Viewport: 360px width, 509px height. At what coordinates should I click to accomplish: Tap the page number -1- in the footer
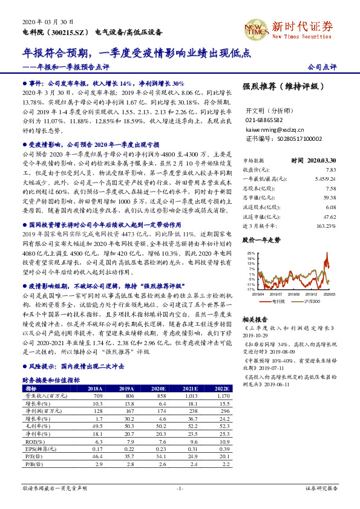point(179,487)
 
